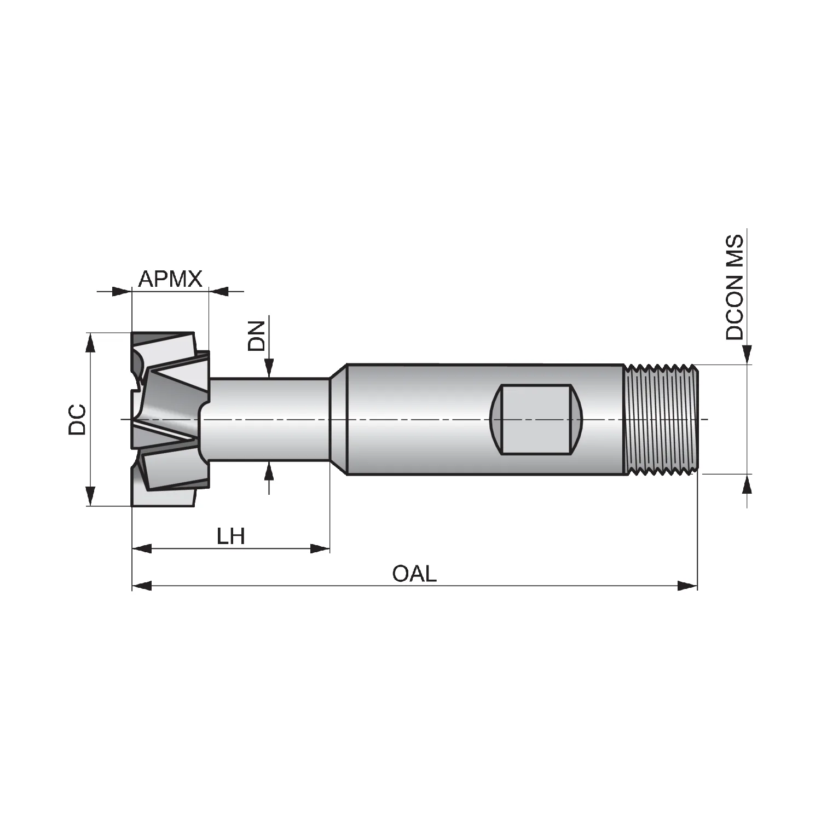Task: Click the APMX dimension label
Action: pos(170,279)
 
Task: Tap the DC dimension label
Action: pos(77,419)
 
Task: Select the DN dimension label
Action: pos(256,336)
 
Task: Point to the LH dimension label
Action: pos(230,536)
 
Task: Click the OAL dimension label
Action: pos(414,574)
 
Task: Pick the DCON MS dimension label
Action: pos(735,287)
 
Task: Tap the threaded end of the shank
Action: pos(661,419)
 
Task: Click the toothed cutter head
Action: pos(170,419)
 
